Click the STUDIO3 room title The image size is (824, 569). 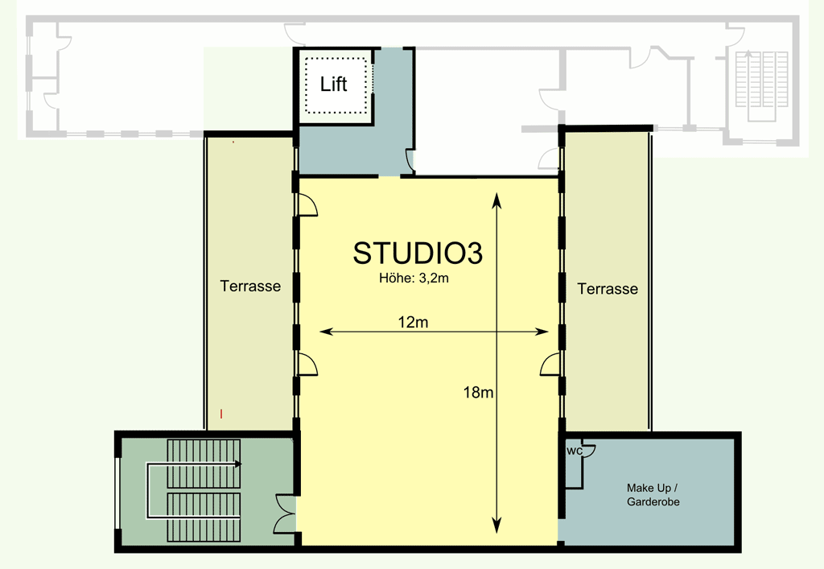pyautogui.click(x=418, y=254)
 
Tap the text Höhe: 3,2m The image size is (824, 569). pyautogui.click(x=414, y=278)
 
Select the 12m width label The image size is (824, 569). pyautogui.click(x=413, y=322)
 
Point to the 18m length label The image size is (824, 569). pyautogui.click(x=478, y=392)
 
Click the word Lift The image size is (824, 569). pyautogui.click(x=334, y=84)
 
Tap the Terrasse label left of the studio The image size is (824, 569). pyautogui.click(x=250, y=287)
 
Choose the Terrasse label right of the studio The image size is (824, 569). pyautogui.click(x=608, y=288)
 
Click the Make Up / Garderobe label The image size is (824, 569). pyautogui.click(x=653, y=495)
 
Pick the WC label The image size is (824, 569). pyautogui.click(x=575, y=451)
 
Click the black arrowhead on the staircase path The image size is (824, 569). pyautogui.click(x=238, y=464)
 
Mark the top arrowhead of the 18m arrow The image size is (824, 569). pyautogui.click(x=496, y=200)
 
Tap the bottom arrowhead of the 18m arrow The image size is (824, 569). pyautogui.click(x=496, y=526)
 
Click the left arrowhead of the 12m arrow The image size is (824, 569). pyautogui.click(x=327, y=332)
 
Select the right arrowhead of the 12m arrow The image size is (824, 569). pyautogui.click(x=542, y=332)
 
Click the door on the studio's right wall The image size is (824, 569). pyautogui.click(x=550, y=364)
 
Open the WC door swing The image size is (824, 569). pyautogui.click(x=588, y=451)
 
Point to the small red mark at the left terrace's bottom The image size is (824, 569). pyautogui.click(x=222, y=414)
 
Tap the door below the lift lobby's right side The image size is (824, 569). pyautogui.click(x=410, y=161)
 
